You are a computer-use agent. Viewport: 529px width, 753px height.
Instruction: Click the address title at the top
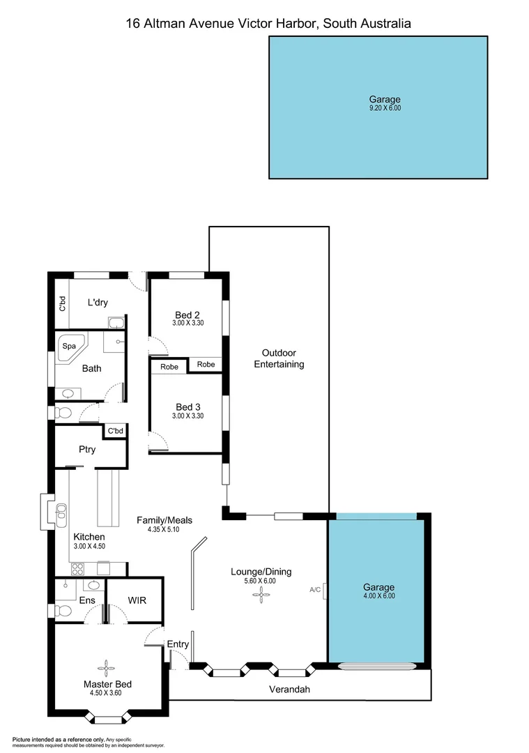268,23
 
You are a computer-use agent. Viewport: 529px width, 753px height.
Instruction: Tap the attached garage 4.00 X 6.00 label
378,595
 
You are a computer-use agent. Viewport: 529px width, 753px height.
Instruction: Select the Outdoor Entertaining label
279,358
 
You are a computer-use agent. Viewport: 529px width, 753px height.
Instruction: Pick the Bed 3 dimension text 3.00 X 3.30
187,416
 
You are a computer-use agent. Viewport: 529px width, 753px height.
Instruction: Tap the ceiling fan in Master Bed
106,669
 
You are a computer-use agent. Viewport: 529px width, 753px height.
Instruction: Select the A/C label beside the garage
315,590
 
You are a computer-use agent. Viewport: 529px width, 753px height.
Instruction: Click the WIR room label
136,600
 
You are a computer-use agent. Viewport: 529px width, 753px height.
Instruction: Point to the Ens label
87,600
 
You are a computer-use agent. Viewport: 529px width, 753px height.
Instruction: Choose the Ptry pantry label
87,450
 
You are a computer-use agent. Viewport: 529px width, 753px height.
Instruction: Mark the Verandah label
289,690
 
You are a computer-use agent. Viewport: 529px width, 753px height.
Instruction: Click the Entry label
178,644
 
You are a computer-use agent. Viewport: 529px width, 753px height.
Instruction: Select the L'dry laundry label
98,302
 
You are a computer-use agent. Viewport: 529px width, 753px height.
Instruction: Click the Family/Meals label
164,520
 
